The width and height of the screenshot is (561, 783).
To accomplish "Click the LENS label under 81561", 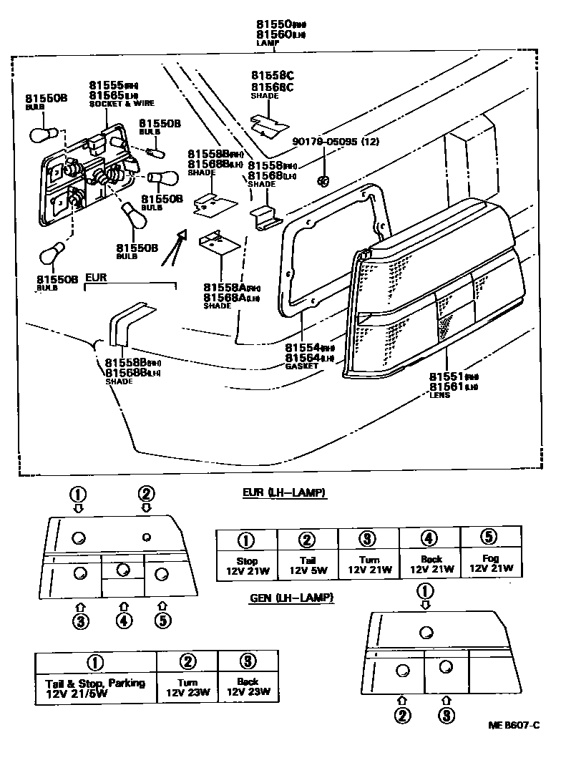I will point(439,395).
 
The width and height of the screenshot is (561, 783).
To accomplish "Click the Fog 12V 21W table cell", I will point(491,565).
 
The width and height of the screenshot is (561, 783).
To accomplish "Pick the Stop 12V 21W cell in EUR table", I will point(246,565).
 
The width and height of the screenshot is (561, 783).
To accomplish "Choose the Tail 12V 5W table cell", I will point(307,565).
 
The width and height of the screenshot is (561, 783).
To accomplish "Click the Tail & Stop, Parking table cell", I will point(95,688).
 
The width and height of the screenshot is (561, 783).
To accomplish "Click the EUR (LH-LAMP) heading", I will point(284,493).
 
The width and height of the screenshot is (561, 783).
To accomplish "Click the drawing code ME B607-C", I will point(513,725).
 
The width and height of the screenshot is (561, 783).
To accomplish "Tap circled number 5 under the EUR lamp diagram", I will point(163,621).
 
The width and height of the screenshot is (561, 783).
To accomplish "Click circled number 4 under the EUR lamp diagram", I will point(124,621).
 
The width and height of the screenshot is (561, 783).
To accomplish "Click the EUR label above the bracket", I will point(97,276).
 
